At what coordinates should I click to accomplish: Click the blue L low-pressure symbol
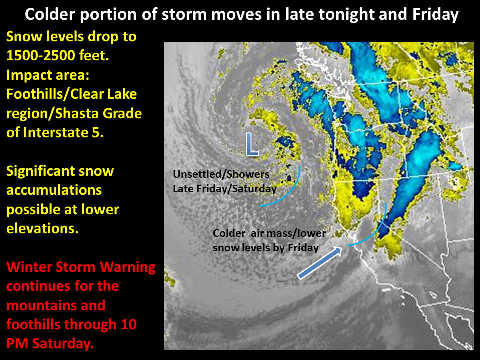[x=252, y=145]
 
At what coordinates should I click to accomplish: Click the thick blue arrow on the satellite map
[x=320, y=263]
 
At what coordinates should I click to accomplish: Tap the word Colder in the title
[x=50, y=14]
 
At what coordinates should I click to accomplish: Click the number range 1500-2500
[x=41, y=55]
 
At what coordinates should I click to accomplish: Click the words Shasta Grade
[x=98, y=113]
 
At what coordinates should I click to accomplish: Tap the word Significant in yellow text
[x=39, y=171]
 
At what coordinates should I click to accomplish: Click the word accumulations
[x=54, y=190]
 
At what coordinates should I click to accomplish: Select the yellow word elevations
[x=42, y=228]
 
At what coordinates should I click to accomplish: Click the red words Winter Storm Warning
[x=81, y=267]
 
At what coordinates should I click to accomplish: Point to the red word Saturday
[x=63, y=344]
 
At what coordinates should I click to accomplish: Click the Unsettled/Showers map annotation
[x=221, y=174]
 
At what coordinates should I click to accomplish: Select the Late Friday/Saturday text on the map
[x=225, y=189]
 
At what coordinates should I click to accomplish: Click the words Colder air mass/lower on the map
[x=269, y=233]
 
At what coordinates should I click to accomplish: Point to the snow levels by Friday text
[x=266, y=248]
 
